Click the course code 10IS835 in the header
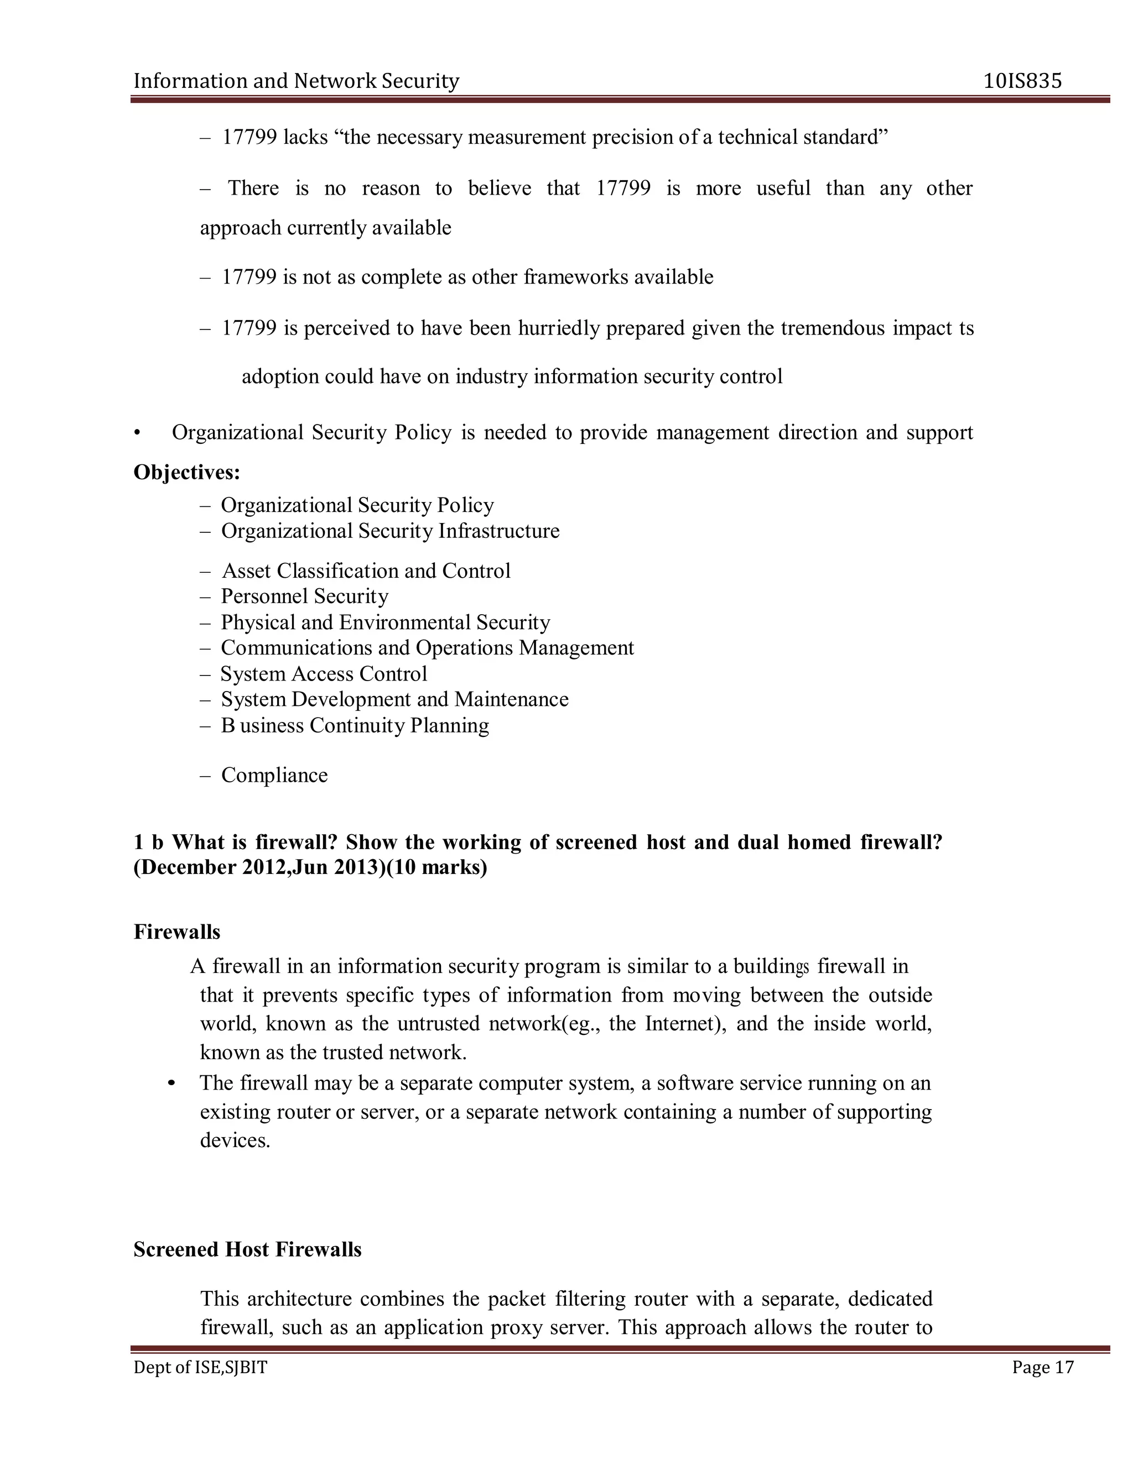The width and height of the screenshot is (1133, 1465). pos(1022,81)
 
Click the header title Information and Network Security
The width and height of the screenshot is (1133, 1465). pos(296,81)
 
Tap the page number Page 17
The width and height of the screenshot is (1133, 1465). pos(1042,1367)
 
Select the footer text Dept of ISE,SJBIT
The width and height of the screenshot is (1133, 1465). pos(200,1367)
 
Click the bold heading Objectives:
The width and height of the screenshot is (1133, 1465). pos(186,472)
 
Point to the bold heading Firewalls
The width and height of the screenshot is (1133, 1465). pos(176,932)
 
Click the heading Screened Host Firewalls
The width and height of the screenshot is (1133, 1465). pos(247,1249)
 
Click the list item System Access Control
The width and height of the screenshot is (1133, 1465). pos(324,673)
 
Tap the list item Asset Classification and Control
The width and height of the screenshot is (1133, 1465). pos(366,571)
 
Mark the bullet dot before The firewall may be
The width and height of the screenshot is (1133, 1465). pos(172,1084)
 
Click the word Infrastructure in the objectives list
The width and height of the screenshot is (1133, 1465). pos(498,531)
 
